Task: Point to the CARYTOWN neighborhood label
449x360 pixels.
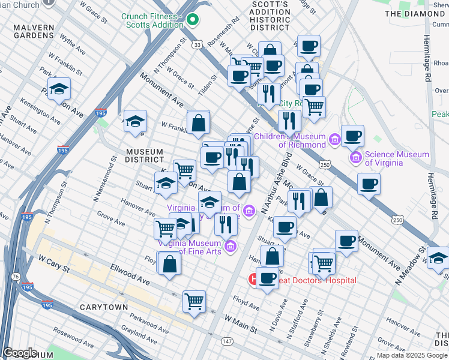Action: coord(104,307)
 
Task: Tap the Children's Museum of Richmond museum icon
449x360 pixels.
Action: coord(334,140)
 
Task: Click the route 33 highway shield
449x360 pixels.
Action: coord(197,44)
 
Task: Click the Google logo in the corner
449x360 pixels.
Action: coord(20,353)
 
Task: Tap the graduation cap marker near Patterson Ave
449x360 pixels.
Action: coord(59,90)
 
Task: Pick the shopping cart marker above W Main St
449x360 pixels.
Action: coord(194,301)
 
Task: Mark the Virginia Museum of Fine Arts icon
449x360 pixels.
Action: coord(230,246)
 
